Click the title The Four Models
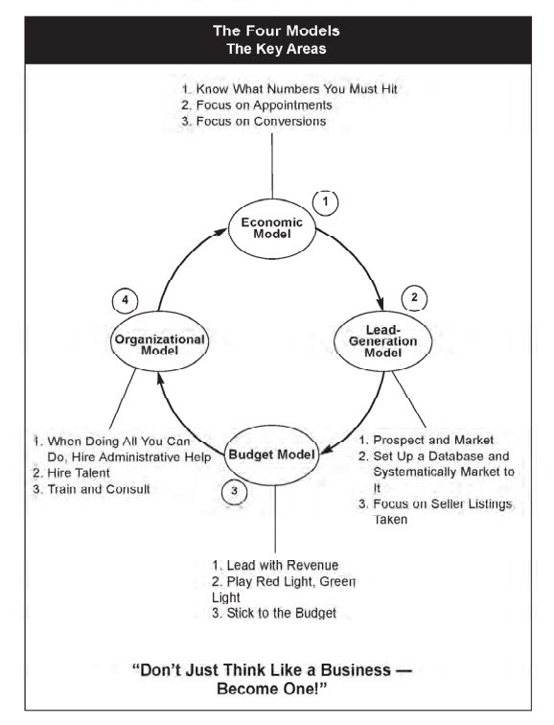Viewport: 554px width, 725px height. pyautogui.click(x=276, y=31)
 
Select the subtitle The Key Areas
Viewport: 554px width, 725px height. pyautogui.click(x=276, y=49)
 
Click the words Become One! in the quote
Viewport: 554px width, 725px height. pyautogui.click(x=271, y=689)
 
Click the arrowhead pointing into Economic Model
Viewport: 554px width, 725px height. pyautogui.click(x=220, y=232)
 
